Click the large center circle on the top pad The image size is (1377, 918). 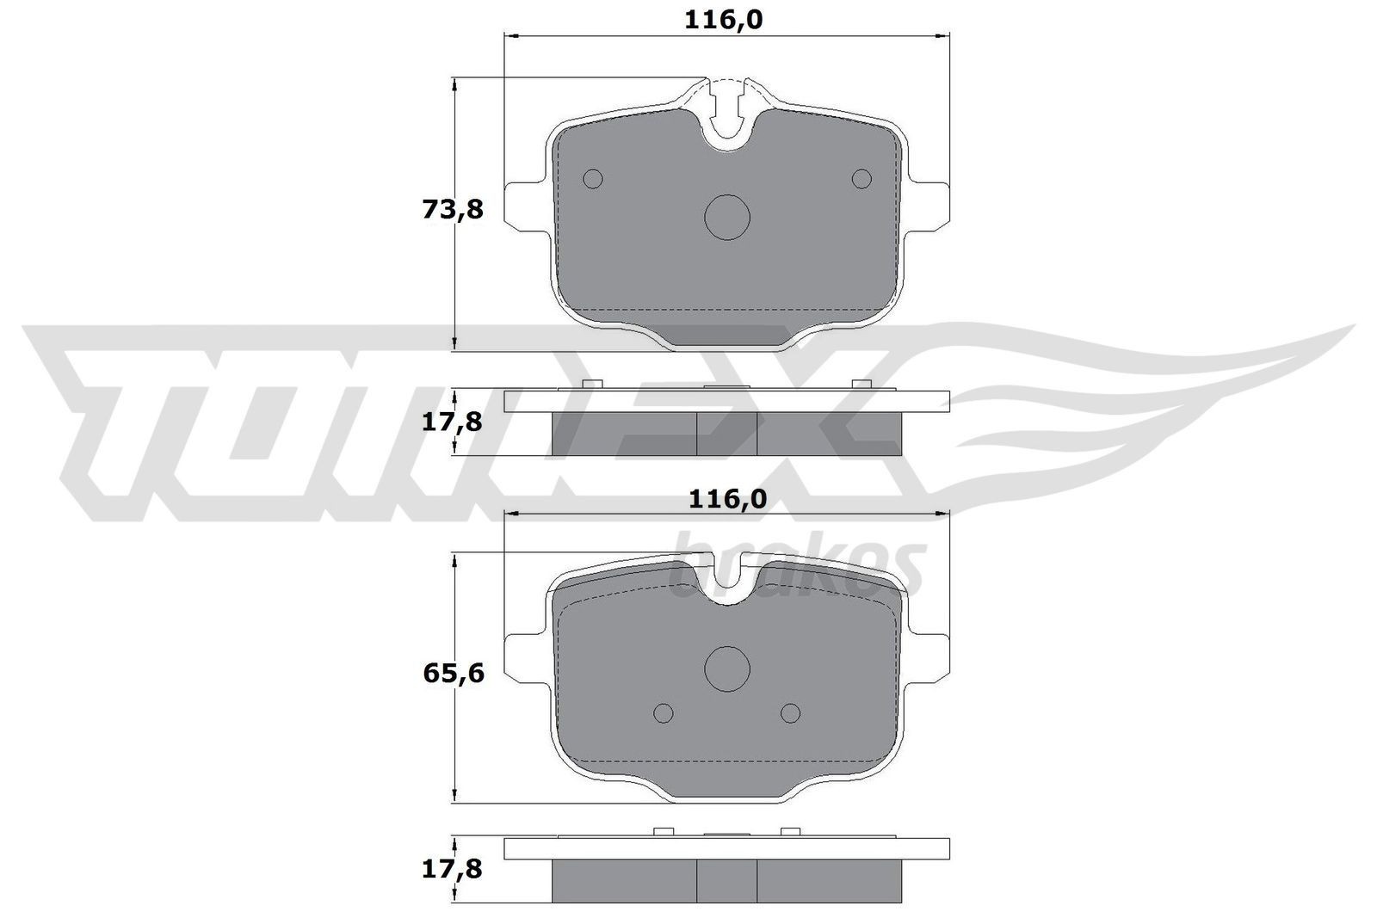point(727,217)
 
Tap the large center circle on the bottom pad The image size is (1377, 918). point(727,667)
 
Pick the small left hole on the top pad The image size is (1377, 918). point(592,178)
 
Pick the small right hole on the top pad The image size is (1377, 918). point(861,178)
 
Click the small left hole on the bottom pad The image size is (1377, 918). point(664,712)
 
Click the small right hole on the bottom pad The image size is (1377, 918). point(790,712)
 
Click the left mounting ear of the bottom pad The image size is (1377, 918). point(525,659)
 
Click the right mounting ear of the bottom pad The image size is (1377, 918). point(929,659)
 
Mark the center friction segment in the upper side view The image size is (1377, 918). point(726,433)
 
